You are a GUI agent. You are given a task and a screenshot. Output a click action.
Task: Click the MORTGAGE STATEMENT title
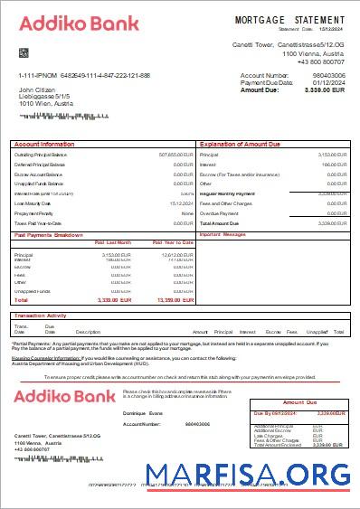click(x=289, y=19)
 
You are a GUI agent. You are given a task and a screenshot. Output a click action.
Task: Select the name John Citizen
click(x=38, y=90)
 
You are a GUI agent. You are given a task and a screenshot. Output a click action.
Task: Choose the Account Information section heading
click(x=44, y=144)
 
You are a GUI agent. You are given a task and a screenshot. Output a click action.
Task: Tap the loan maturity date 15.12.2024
click(x=182, y=203)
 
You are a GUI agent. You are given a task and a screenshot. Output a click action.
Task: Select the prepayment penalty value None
click(x=187, y=213)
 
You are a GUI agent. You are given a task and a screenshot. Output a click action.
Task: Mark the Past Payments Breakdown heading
click(x=51, y=234)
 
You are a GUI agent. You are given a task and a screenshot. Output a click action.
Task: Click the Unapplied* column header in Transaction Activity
click(x=316, y=332)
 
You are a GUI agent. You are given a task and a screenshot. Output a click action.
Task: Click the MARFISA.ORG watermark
click(x=250, y=475)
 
